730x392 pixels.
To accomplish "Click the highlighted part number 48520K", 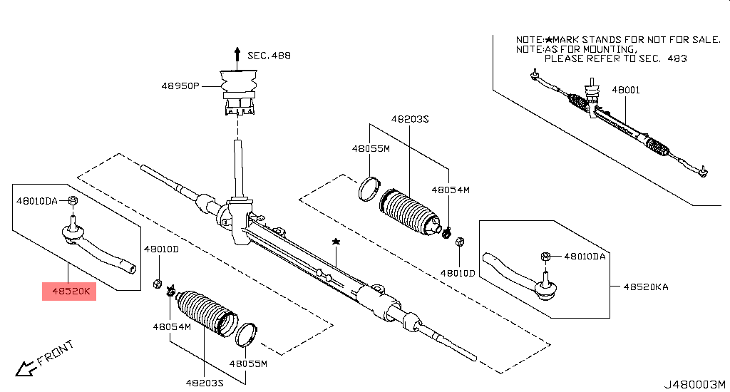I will point(68,291).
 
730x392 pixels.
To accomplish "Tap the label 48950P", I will point(180,86).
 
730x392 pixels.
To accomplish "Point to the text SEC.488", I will point(269,55).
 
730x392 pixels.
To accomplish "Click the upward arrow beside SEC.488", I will point(237,54).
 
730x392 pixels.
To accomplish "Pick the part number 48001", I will point(626,90).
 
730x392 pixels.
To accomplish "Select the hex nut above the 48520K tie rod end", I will point(73,201).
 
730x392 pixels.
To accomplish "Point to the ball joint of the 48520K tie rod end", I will point(73,231).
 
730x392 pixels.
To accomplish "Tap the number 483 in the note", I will point(677,58).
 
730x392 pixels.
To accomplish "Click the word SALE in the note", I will point(706,39).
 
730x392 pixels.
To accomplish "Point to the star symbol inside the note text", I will point(549,39).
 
